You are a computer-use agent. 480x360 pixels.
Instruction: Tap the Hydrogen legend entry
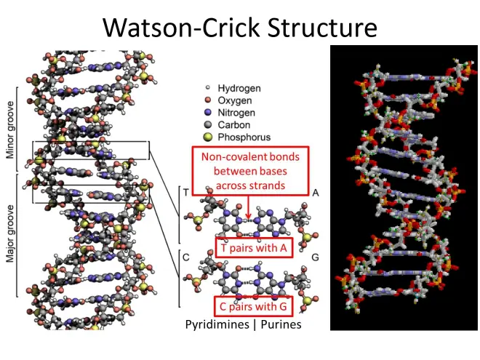click(234, 88)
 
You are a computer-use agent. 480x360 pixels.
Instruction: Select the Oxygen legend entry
click(229, 100)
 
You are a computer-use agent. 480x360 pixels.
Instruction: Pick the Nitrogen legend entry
click(231, 113)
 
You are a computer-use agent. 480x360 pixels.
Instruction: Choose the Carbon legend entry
click(228, 125)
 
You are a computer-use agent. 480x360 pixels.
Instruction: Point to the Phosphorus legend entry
click(238, 137)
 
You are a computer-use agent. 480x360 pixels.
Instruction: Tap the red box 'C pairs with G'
click(253, 305)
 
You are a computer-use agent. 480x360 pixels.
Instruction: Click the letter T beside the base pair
click(186, 192)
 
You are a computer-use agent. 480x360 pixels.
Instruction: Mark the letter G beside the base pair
click(316, 257)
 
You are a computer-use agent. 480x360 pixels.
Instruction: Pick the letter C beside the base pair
click(186, 257)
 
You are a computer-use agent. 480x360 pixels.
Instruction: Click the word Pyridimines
click(217, 324)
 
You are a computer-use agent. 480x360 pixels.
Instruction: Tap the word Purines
click(280, 324)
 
